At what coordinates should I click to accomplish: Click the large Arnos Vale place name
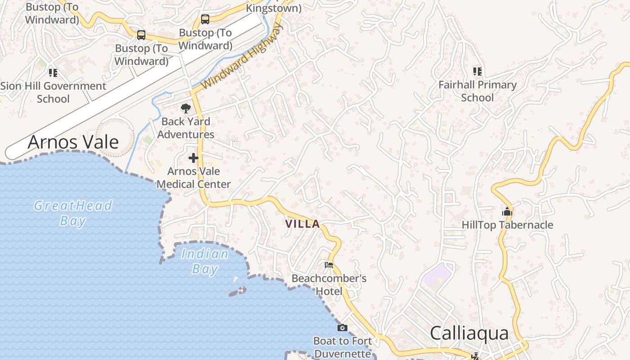[x=73, y=142]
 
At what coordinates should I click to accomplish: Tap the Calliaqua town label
[x=469, y=333]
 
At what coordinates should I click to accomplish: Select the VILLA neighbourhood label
[x=302, y=224]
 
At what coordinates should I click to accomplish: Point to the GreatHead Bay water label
[x=73, y=213]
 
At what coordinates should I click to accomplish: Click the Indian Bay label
[x=205, y=261]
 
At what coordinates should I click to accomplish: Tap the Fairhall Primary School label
[x=477, y=91]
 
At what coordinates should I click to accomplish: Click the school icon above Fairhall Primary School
[x=477, y=72]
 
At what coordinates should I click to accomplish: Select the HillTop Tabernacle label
[x=508, y=225]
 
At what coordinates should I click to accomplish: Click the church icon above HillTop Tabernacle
[x=507, y=211]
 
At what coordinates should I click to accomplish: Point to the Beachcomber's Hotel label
[x=329, y=285]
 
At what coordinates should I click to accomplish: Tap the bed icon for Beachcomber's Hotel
[x=329, y=265]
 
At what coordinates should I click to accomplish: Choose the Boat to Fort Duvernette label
[x=343, y=347]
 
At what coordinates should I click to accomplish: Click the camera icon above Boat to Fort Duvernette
[x=342, y=328]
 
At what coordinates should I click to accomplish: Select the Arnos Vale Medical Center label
[x=193, y=178]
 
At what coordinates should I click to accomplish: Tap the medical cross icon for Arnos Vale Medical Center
[x=193, y=158]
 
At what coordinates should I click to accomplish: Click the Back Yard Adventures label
[x=186, y=128]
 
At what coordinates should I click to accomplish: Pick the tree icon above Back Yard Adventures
[x=185, y=108]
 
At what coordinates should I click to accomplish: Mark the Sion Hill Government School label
[x=53, y=92]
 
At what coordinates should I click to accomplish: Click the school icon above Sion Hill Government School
[x=53, y=72]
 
